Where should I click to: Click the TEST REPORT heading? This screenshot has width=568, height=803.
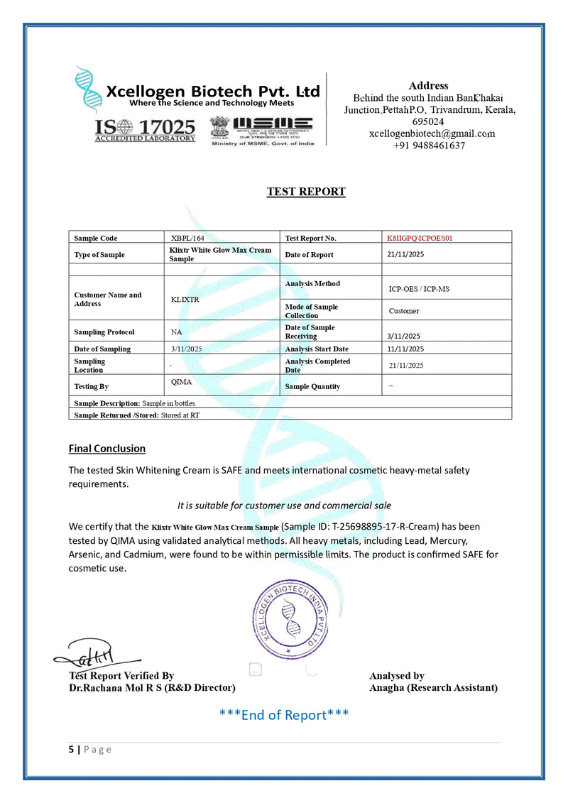(x=306, y=192)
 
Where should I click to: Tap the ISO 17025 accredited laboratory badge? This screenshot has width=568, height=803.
(x=145, y=130)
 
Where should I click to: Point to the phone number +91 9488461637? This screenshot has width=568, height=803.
(x=429, y=146)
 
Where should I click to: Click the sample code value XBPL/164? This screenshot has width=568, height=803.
(x=188, y=238)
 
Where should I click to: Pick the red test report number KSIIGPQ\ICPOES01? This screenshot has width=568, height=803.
(x=420, y=238)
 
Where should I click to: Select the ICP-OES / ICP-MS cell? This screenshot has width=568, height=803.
(x=419, y=289)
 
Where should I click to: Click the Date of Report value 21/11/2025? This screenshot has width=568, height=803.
(x=405, y=254)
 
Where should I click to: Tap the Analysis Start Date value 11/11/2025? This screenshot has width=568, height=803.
(x=405, y=349)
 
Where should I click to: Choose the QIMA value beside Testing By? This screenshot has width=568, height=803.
(x=182, y=382)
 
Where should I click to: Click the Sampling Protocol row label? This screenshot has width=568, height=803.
(x=104, y=332)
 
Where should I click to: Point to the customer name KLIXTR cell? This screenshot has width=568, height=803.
(x=185, y=300)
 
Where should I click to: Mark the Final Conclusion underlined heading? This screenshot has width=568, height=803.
(x=107, y=449)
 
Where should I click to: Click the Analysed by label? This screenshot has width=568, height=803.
(x=397, y=676)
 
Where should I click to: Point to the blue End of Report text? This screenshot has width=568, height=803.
(x=284, y=715)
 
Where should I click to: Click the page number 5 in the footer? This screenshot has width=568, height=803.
(x=71, y=750)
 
